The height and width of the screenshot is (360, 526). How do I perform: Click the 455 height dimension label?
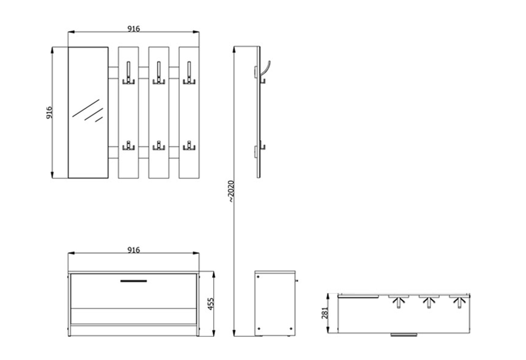[x=211, y=303]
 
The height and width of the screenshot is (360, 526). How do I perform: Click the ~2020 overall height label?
[x=231, y=191]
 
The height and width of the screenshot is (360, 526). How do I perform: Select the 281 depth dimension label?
[x=325, y=313]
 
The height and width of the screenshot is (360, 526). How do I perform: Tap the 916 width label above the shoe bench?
[x=133, y=250]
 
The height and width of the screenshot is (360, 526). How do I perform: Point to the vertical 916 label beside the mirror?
[x=49, y=113]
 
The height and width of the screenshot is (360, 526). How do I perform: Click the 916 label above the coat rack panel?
[x=133, y=29]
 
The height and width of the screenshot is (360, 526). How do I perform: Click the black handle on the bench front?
[x=134, y=281]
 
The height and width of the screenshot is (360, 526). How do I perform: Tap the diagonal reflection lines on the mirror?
[x=88, y=110]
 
